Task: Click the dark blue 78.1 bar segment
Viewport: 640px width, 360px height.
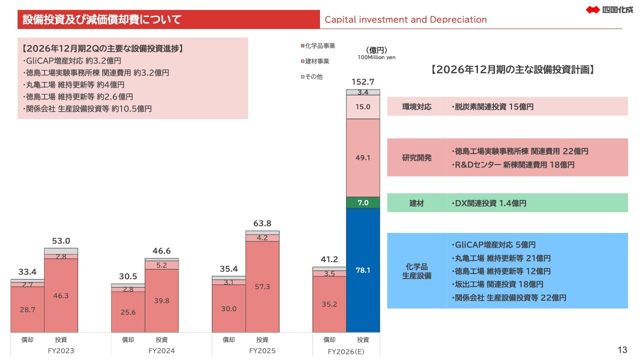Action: [363, 270]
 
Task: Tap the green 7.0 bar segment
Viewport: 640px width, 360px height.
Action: [363, 203]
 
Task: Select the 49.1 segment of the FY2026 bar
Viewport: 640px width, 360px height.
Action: [363, 158]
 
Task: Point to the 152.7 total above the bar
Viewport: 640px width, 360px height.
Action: [363, 82]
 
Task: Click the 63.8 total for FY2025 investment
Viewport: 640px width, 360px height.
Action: [262, 223]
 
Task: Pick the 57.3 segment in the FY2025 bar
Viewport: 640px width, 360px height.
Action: [262, 287]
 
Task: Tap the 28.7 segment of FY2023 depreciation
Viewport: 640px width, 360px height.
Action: [27, 309]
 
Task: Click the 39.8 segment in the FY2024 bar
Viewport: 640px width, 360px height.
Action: [161, 301]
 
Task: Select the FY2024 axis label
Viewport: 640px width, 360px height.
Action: [161, 351]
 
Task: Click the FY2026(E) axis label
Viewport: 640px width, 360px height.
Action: [346, 351]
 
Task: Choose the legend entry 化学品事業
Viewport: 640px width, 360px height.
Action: [318, 45]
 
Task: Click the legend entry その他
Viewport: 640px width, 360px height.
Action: [311, 76]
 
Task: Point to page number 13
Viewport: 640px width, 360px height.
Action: [622, 350]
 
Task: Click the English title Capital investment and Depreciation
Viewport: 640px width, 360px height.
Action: [405, 19]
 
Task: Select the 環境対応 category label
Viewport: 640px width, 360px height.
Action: [416, 107]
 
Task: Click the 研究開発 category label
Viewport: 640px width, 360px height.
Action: [416, 157]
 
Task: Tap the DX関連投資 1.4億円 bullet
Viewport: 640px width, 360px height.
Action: [489, 203]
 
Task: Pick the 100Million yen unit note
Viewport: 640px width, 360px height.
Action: [376, 57]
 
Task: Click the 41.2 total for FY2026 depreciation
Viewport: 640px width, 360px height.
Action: [329, 259]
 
